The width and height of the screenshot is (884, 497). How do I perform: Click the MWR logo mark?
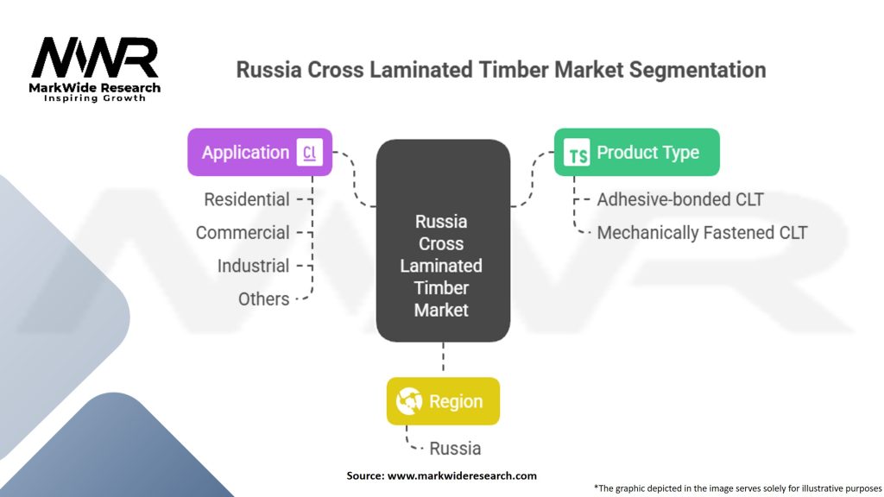coord(95,59)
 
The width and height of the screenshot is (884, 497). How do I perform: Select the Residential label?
coord(246,199)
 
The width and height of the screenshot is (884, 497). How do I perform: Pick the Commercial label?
coord(243,233)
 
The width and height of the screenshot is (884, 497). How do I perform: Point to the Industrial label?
coord(253,266)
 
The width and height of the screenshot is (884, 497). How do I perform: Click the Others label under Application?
coord(263,299)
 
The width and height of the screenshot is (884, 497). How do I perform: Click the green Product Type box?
coord(636,153)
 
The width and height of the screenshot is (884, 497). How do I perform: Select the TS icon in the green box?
coord(577,154)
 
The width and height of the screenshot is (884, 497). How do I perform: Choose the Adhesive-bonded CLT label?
coord(680,199)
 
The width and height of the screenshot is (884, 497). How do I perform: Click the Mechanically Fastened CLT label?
coord(702,232)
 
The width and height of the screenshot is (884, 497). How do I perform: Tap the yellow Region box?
coord(443,401)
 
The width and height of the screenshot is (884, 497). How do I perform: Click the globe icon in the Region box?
coord(408,401)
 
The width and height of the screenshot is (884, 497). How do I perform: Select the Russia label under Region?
coord(456,448)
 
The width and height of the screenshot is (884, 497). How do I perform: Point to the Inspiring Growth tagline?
coord(95,98)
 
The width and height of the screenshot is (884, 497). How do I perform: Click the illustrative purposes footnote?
coord(737,488)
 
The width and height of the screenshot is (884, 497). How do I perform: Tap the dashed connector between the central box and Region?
coord(443,358)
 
